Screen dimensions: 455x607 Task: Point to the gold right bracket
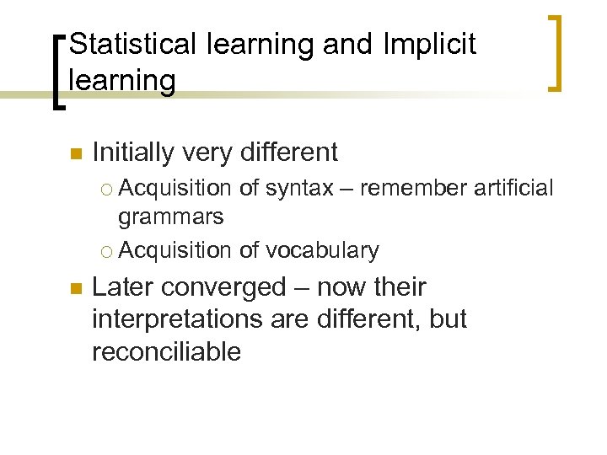(556, 52)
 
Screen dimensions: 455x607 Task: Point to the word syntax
(299, 189)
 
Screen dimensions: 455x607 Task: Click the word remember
(411, 188)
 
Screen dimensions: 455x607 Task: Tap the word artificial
(514, 188)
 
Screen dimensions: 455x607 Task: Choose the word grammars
(171, 217)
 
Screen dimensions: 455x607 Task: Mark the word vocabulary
(322, 250)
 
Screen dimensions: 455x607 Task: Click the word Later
(126, 287)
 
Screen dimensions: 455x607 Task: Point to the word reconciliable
(166, 352)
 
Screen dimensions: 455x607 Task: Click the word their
(399, 287)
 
